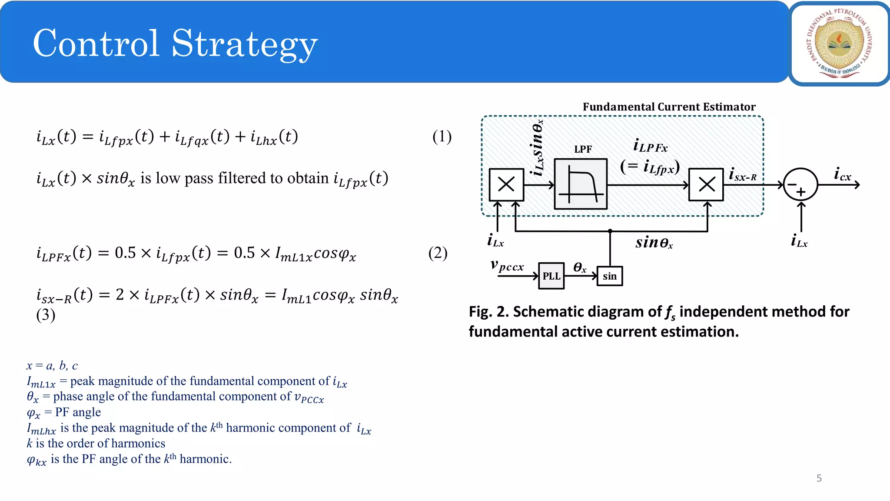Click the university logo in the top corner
[x=840, y=43]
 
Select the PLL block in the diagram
[x=551, y=276]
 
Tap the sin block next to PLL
[x=610, y=276]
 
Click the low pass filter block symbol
[x=581, y=184]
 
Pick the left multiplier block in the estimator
[x=506, y=184]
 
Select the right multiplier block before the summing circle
[x=706, y=184]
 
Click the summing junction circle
[x=800, y=185]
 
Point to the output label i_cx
[x=842, y=174]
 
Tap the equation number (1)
[x=442, y=137]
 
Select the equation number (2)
[x=438, y=253]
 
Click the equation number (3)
[x=46, y=315]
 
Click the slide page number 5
[x=819, y=478]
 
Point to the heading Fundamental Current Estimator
[x=669, y=107]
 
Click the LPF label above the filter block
[x=583, y=149]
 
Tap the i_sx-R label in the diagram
[x=743, y=175]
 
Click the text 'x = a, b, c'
[x=52, y=366]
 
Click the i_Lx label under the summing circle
[x=799, y=240]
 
